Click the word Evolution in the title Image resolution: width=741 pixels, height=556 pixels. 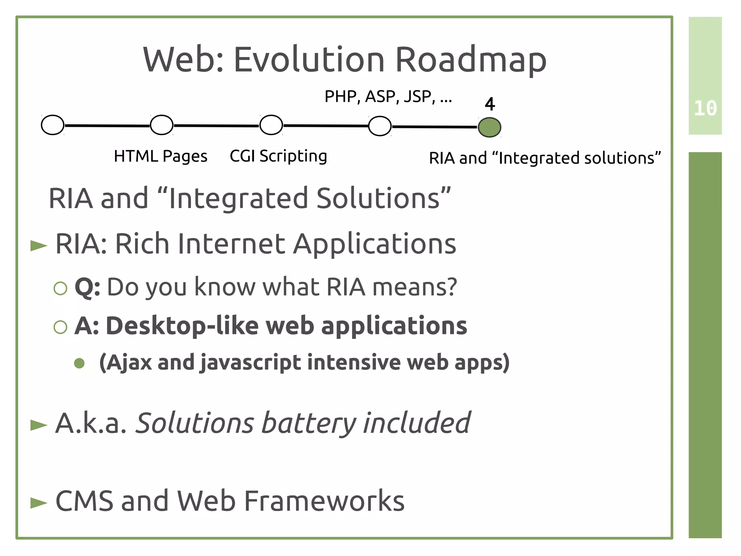pos(309,60)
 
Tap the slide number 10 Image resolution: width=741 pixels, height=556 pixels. pos(705,108)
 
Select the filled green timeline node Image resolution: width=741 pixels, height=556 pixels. pos(489,127)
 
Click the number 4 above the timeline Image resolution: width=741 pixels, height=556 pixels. pos(490,104)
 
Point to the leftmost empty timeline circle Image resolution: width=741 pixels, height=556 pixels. pos(53,125)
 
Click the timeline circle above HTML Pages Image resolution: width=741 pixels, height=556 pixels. pos(161,125)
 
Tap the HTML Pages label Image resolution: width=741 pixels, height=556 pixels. pos(160,156)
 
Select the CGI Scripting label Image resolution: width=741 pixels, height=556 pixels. pos(278,156)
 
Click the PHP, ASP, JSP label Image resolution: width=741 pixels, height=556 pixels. pos(388,97)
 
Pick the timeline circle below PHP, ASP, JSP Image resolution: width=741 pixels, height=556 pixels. pos(380,126)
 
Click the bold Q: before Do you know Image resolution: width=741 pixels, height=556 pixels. pos(87,287)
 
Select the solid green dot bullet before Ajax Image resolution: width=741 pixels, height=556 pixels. pos(79,363)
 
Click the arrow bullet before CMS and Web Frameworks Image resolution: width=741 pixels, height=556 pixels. pos(39,503)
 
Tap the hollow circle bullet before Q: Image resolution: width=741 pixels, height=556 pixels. pos(60,288)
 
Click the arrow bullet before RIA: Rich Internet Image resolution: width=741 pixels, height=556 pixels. pos(39,246)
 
